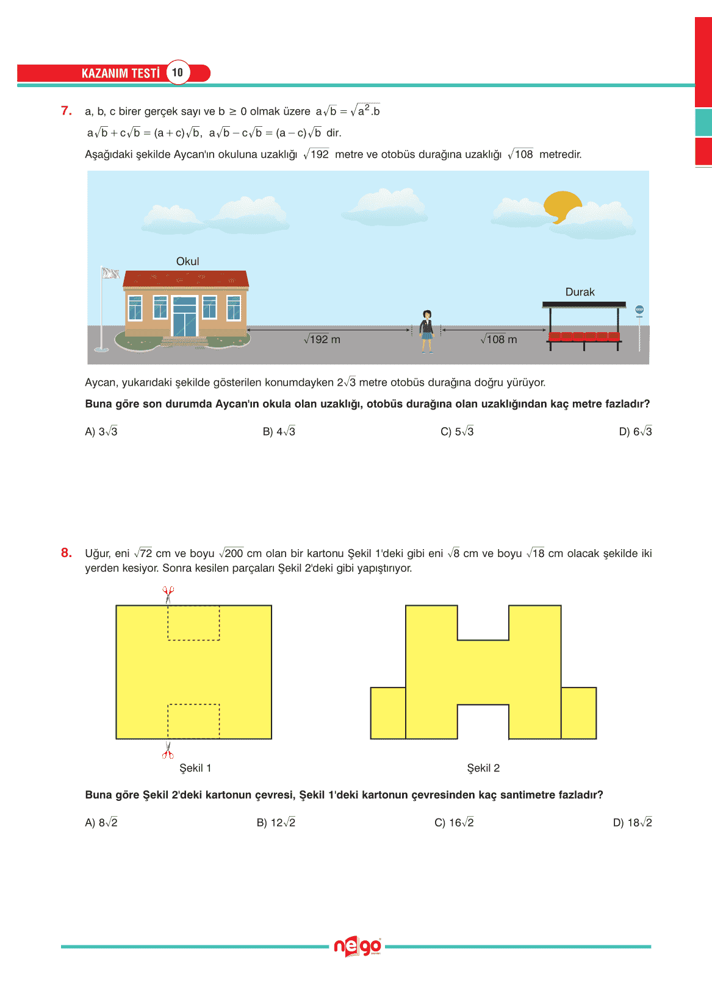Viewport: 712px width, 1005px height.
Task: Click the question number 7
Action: [x=67, y=111]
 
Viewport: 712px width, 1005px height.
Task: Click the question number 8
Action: [x=67, y=553]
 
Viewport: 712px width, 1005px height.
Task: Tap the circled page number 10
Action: [x=178, y=73]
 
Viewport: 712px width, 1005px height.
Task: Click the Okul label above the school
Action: [x=187, y=261]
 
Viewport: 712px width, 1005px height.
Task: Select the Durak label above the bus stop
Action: [x=580, y=292]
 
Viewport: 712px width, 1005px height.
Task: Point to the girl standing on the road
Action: [x=427, y=331]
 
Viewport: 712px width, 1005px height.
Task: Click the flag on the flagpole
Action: [x=110, y=273]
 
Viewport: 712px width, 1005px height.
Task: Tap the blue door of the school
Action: [x=185, y=317]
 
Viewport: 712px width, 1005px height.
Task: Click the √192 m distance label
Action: [x=322, y=339]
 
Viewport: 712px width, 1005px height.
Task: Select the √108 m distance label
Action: [x=498, y=339]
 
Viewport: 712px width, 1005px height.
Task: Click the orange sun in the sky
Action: [x=562, y=207]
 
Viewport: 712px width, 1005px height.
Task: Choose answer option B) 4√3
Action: [x=279, y=431]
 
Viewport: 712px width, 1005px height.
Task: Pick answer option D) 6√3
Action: [x=635, y=431]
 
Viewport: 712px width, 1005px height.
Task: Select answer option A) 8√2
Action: [x=101, y=823]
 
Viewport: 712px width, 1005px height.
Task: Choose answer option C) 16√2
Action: [x=454, y=823]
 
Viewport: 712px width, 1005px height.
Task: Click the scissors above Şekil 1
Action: [x=168, y=592]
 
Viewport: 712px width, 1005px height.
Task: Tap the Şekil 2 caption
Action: [x=483, y=768]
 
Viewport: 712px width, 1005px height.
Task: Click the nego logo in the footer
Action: [x=357, y=946]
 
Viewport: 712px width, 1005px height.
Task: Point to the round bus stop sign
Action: [x=639, y=310]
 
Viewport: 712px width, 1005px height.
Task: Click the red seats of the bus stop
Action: [x=584, y=336]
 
